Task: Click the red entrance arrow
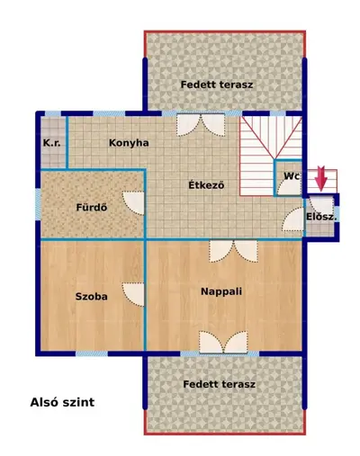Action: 321,179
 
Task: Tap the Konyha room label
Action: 129,143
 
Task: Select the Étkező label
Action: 206,185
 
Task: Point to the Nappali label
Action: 221,291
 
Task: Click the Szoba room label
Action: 92,297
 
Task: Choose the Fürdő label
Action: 92,207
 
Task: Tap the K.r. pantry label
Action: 52,143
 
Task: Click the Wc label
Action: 292,176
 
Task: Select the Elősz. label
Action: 321,217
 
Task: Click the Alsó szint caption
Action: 62,402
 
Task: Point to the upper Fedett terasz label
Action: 217,85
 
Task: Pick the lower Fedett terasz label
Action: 220,384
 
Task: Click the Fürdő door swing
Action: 133,203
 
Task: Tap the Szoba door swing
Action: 133,294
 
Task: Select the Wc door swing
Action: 289,187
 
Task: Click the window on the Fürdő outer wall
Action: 38,204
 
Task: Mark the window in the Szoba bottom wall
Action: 92,353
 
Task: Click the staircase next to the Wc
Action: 270,156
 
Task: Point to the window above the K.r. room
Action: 53,113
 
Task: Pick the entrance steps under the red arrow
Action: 320,182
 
